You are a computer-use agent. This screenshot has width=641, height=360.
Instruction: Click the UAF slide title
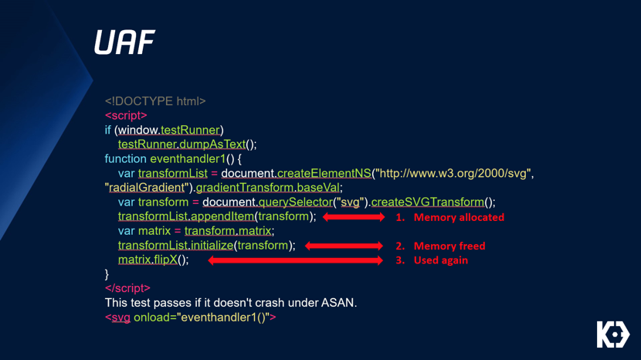[x=124, y=42]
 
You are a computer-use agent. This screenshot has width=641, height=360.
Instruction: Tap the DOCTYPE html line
[x=155, y=101]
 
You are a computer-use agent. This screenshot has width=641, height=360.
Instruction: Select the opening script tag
[x=126, y=115]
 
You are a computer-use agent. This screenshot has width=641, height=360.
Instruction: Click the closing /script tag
[x=127, y=288]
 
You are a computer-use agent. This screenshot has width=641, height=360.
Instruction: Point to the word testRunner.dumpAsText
[x=182, y=144]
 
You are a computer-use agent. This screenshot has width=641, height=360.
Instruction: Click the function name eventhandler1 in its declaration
[x=188, y=158]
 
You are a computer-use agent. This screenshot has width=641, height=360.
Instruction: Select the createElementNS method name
[x=324, y=174]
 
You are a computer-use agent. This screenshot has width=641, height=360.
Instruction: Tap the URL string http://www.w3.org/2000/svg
[x=453, y=174]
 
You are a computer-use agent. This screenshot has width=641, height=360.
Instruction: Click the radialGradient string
[x=148, y=188]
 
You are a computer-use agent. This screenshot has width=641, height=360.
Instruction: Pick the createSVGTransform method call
[x=428, y=202]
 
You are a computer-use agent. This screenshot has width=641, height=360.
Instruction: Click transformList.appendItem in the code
[x=186, y=216]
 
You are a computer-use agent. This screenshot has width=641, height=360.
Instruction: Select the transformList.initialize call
[x=176, y=246]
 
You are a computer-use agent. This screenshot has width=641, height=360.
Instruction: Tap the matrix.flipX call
[x=148, y=260]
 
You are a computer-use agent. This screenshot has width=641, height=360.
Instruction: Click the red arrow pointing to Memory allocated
[x=354, y=217]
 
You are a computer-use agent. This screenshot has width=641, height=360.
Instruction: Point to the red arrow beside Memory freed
[x=344, y=246]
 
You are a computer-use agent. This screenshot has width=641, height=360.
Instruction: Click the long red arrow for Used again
[x=296, y=260]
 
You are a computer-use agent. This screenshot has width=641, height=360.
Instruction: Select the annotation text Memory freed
[x=449, y=246]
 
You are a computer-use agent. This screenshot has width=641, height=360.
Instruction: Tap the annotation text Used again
[x=441, y=260]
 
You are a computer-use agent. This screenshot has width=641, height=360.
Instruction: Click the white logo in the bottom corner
[x=613, y=335]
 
